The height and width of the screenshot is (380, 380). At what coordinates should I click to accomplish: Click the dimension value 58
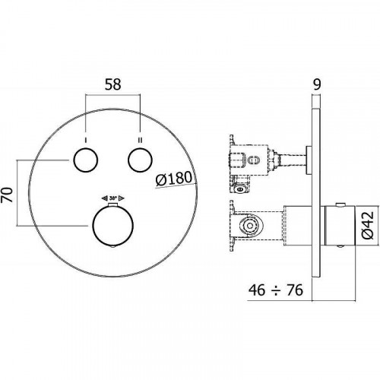tap(113, 84)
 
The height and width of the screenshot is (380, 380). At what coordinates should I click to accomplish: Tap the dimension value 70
tap(7, 195)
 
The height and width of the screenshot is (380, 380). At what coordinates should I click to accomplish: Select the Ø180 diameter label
tap(174, 179)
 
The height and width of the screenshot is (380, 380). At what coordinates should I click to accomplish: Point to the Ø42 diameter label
tap(368, 226)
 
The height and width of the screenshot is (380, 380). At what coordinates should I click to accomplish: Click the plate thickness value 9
tap(317, 84)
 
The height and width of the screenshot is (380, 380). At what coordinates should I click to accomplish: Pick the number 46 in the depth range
tap(257, 290)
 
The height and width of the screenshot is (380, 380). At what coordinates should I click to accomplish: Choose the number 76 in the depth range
tap(295, 290)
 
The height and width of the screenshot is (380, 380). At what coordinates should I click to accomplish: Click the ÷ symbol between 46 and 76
tap(276, 290)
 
